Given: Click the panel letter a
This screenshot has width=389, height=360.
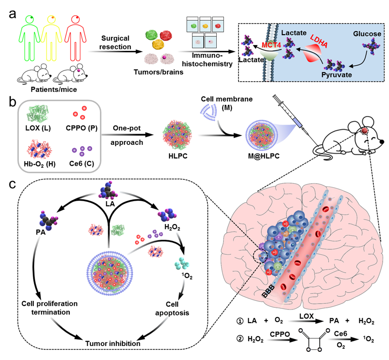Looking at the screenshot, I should (13, 13).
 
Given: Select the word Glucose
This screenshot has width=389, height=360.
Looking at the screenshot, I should (368, 34).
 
